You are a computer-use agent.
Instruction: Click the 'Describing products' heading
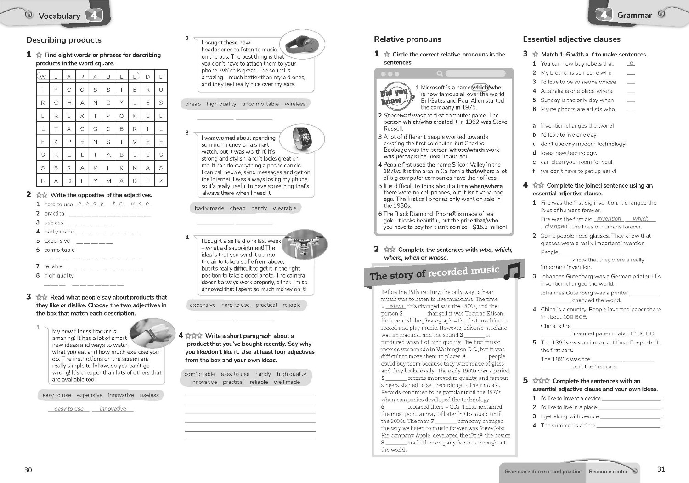(64, 40)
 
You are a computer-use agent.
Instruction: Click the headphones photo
(302, 45)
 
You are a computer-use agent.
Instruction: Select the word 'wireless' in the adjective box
(295, 104)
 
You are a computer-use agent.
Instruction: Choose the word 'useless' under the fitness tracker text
(149, 395)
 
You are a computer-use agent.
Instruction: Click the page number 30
(28, 470)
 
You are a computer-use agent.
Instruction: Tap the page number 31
(661, 469)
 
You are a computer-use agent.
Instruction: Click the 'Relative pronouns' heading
(407, 39)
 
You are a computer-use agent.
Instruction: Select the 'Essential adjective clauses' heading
(571, 39)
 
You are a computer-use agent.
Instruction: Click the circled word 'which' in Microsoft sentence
(480, 87)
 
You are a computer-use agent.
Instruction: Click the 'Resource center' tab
(608, 472)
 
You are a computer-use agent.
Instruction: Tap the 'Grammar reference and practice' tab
(542, 472)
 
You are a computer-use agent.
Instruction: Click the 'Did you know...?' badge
(396, 96)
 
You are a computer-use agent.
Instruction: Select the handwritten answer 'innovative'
(113, 409)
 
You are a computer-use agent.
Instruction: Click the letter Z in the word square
(161, 181)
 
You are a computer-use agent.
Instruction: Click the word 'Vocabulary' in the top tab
(59, 16)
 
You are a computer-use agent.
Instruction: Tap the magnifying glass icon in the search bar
(440, 73)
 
